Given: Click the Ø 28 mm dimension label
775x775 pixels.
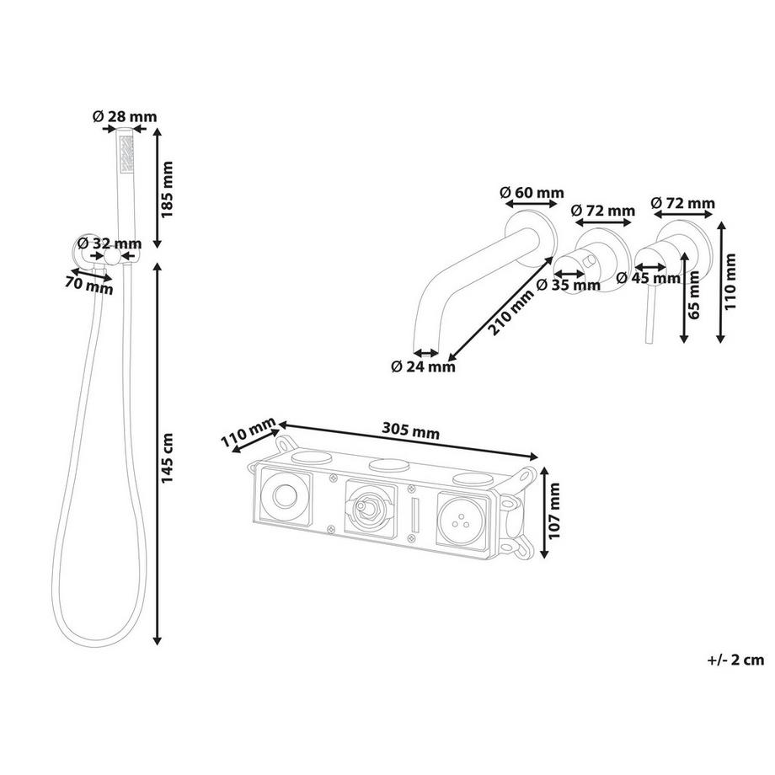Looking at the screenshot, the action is click(125, 116).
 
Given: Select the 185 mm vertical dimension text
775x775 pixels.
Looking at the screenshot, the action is click(168, 190).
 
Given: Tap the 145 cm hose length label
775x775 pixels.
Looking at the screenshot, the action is click(168, 458).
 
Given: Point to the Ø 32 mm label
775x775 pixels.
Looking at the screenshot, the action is click(110, 243).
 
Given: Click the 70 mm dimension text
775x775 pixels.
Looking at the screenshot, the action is click(89, 286).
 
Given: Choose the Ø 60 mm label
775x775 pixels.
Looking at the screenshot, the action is click(532, 192).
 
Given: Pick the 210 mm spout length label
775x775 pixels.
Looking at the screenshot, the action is click(512, 312).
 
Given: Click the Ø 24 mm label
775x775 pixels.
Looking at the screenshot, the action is click(423, 366).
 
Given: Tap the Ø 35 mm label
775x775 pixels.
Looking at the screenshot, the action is click(569, 285).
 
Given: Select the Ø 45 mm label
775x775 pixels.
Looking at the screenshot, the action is click(649, 278).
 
